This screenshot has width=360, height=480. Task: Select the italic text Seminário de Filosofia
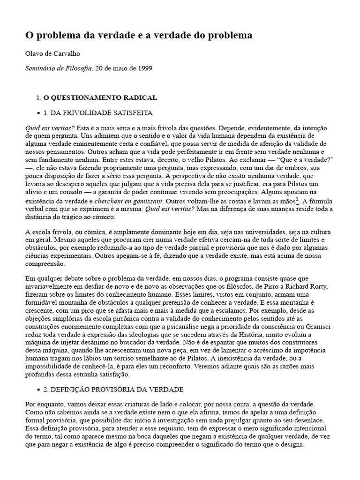click(x=59, y=68)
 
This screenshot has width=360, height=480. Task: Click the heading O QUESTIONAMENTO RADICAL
click(x=100, y=98)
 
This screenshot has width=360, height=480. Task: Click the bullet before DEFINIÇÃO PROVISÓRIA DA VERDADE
click(x=38, y=390)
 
